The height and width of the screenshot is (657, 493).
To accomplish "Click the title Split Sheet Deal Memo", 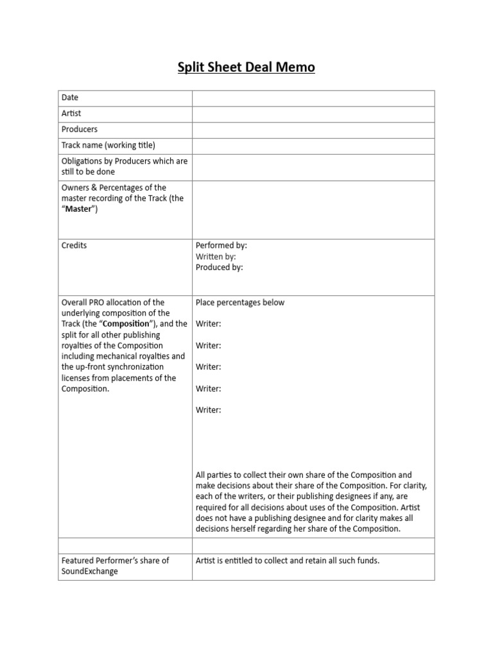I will click(x=246, y=67).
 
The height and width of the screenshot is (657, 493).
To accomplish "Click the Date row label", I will click(x=70, y=98).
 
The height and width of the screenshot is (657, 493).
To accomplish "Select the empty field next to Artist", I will click(x=313, y=114).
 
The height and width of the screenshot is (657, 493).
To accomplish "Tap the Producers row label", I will click(x=80, y=130).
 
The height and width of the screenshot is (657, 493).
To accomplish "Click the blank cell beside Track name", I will click(x=313, y=146).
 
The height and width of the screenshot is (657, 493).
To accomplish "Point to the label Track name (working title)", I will click(x=108, y=146).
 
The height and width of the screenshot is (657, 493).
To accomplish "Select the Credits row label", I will click(x=74, y=246).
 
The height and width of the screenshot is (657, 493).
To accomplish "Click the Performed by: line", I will click(x=221, y=246).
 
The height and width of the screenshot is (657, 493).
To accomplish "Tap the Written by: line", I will click(x=220, y=257).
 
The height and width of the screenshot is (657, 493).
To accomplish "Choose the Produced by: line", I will click(x=220, y=268).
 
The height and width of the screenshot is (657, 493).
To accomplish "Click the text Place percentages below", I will click(x=240, y=303).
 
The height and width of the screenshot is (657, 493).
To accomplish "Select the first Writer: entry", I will click(x=209, y=324).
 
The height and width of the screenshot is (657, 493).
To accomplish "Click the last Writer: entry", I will click(x=209, y=410).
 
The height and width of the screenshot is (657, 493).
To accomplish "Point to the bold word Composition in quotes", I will click(x=125, y=324).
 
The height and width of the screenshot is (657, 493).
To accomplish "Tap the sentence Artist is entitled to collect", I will click(x=288, y=561).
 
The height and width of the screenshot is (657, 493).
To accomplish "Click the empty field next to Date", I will click(x=313, y=98).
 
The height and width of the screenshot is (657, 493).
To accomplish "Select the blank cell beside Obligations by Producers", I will click(x=313, y=167).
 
